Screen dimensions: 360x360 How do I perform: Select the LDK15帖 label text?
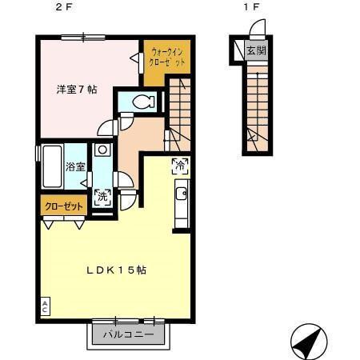(x=116, y=270)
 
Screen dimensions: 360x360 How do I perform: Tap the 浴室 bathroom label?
(x=75, y=167)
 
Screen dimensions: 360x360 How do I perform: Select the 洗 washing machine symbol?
(x=102, y=196)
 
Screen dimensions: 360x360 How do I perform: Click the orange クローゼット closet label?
(x=63, y=206)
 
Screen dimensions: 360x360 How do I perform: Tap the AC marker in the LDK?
(x=45, y=306)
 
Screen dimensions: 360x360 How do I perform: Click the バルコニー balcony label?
(x=128, y=334)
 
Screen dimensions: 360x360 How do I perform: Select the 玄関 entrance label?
(x=255, y=51)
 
